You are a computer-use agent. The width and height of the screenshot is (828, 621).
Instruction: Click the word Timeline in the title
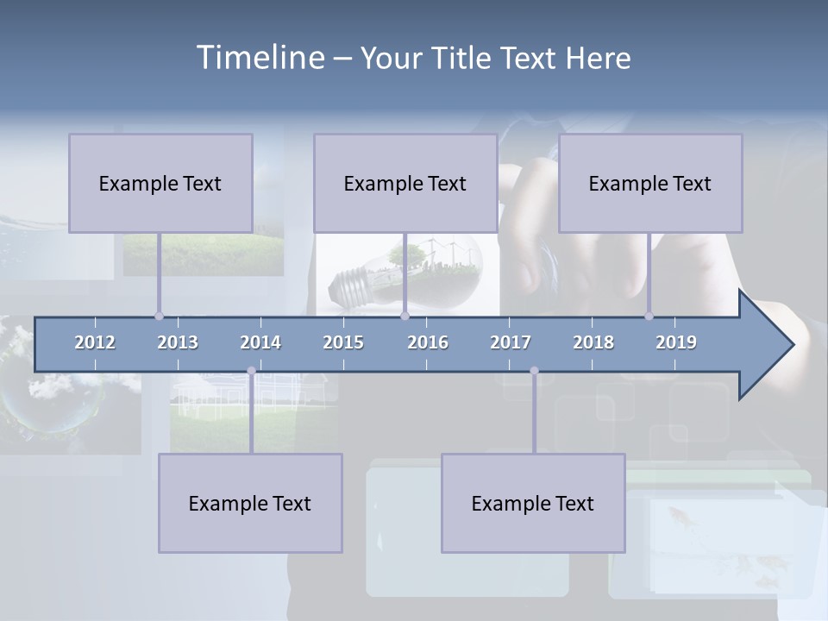click(x=260, y=58)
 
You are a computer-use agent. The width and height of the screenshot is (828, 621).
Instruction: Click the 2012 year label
click(x=95, y=342)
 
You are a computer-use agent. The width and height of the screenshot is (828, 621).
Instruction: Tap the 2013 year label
click(x=178, y=342)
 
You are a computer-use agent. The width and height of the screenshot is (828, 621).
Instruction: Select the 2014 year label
click(x=260, y=342)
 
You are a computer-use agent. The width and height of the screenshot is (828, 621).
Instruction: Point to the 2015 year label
click(x=343, y=342)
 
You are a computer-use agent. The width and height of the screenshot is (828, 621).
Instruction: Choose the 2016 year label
click(x=428, y=342)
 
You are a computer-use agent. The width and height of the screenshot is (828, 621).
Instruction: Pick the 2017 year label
click(x=511, y=342)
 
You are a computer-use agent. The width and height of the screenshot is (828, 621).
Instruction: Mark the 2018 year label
click(x=593, y=342)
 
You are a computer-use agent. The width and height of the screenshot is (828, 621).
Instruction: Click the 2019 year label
click(x=676, y=342)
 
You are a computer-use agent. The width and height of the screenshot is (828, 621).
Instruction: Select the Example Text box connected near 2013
click(x=160, y=184)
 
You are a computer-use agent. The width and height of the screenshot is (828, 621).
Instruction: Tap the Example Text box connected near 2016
click(x=405, y=184)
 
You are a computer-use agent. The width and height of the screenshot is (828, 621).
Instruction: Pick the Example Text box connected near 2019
click(x=650, y=184)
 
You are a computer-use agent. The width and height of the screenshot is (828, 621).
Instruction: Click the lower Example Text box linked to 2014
click(x=250, y=504)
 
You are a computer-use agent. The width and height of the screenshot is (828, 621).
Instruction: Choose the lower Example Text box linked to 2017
click(x=533, y=504)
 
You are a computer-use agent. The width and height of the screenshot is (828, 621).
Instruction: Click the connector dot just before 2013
click(x=159, y=316)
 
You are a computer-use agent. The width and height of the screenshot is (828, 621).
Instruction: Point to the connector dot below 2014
click(x=251, y=371)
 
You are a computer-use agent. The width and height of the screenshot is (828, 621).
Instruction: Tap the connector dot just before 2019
click(x=649, y=316)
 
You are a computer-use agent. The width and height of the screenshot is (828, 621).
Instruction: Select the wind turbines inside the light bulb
click(x=454, y=253)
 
